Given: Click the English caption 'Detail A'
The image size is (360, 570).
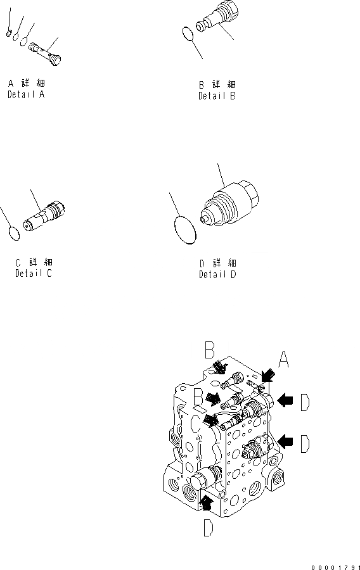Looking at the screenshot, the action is pyautogui.click(x=26, y=94).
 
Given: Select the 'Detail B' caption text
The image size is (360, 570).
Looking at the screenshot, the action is pyautogui.click(x=217, y=96).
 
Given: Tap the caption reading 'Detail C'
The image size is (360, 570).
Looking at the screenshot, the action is pyautogui.click(x=34, y=274).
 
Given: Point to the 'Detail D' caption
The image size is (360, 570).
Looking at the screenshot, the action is pyautogui.click(x=217, y=274).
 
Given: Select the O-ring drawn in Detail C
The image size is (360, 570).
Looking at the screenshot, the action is pyautogui.click(x=14, y=233).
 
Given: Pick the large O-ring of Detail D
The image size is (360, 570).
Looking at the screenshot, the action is pyautogui.click(x=185, y=230).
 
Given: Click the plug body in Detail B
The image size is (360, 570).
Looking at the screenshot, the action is pyautogui.click(x=218, y=17).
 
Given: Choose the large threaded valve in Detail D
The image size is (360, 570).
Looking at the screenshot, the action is pyautogui.click(x=229, y=205).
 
